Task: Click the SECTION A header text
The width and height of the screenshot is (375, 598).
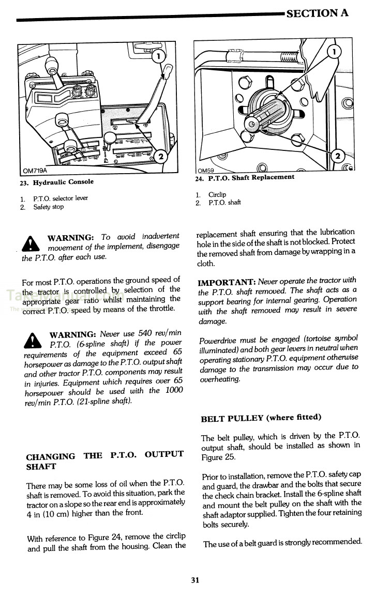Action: [317, 13]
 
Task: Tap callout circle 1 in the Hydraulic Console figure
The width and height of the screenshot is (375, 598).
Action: [158, 55]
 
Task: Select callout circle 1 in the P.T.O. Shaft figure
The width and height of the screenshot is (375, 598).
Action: [335, 51]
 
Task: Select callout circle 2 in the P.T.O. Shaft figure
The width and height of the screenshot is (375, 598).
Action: [337, 156]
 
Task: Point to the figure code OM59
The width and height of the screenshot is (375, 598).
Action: [206, 170]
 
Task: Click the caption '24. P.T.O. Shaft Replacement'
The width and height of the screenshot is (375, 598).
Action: [245, 177]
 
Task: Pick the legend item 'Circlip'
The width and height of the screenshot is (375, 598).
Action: [217, 194]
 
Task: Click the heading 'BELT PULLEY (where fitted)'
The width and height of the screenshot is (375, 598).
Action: [261, 418]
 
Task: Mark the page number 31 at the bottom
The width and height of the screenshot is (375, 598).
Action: [194, 580]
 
